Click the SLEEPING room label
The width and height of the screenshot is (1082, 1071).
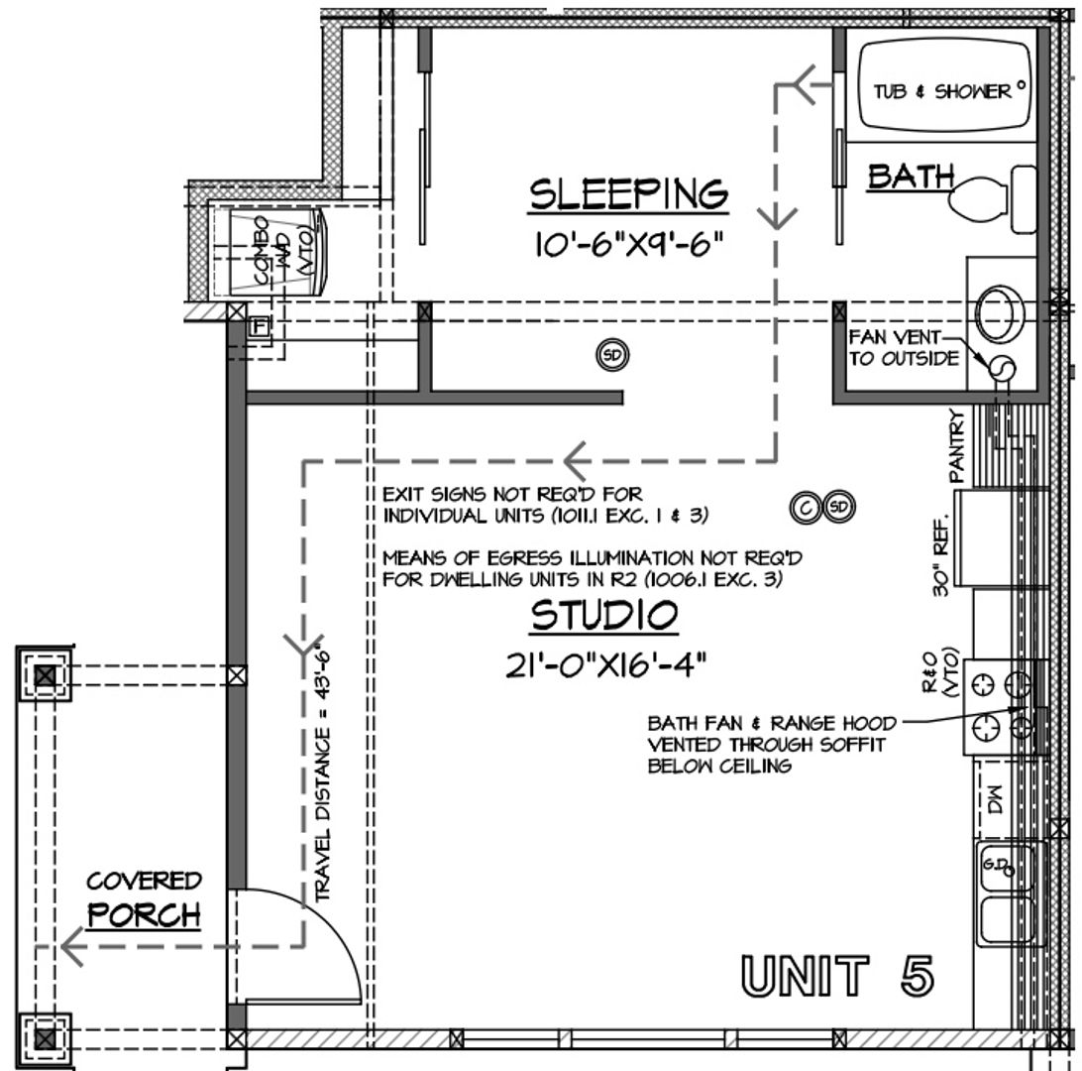point(628,193)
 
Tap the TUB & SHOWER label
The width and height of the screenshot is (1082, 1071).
point(941,91)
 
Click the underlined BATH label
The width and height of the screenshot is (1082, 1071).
point(910,177)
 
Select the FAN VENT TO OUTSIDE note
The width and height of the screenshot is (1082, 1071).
point(904,348)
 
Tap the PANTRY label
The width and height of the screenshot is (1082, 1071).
point(957,446)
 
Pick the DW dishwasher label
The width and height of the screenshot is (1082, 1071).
point(994,797)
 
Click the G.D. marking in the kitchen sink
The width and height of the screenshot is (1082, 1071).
point(996,865)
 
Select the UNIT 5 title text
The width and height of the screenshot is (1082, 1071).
point(837,976)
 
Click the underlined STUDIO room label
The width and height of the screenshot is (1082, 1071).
point(604,616)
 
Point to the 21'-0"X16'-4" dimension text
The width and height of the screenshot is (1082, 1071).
point(605,663)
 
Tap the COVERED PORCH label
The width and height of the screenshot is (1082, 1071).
point(144,898)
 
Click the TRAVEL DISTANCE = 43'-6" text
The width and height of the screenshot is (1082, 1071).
point(323,774)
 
